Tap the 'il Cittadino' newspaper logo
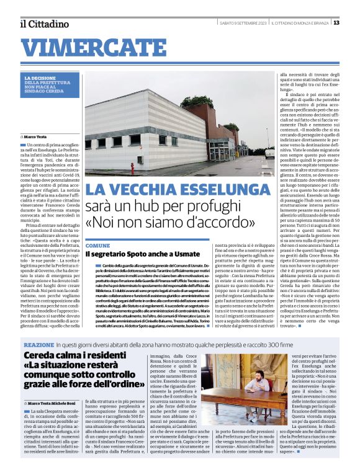point(43,24)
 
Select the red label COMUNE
point(97,246)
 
